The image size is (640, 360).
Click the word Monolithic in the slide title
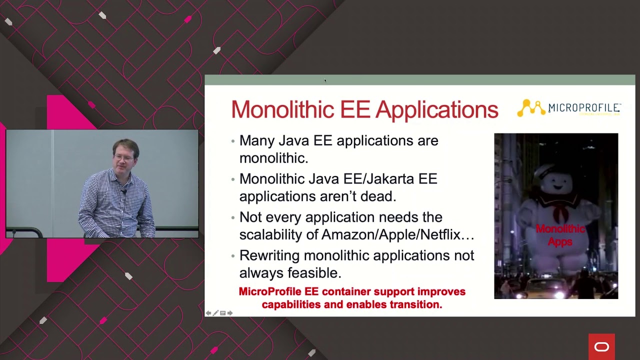tap(283, 109)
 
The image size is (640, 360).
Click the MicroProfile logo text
tap(584, 108)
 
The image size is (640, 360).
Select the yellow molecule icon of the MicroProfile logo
tap(531, 108)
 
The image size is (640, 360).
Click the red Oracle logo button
tap(601, 346)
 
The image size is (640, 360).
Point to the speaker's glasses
tap(123, 158)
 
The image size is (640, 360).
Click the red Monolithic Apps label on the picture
tap(559, 235)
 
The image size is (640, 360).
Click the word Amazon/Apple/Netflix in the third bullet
tap(397, 234)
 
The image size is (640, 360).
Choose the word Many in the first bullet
tap(256, 141)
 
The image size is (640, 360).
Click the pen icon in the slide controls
tap(215, 313)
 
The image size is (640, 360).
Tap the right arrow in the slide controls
tap(230, 313)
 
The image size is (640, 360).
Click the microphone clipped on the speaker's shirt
tap(123, 191)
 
